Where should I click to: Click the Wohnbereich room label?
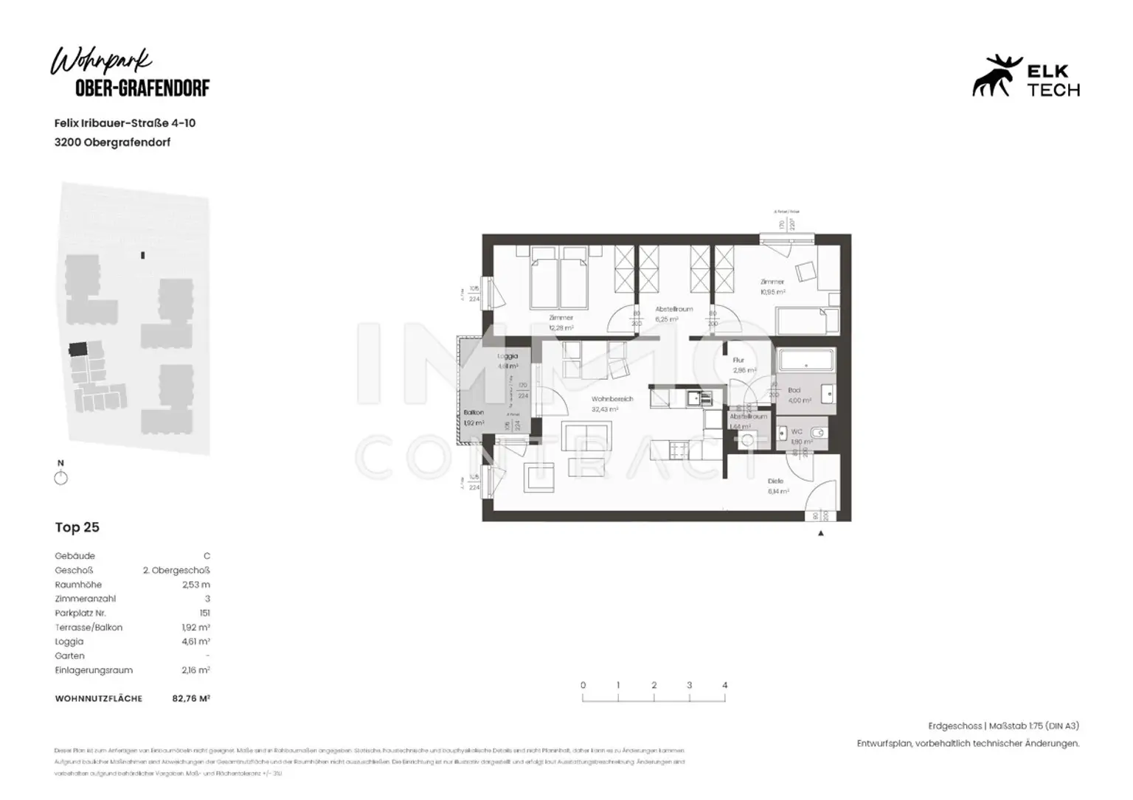tap(612, 399)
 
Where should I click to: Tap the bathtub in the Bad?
tap(805, 361)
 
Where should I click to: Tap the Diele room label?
tap(775, 481)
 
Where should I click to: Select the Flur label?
tap(738, 361)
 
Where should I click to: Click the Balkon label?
tap(474, 413)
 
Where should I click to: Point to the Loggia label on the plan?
tap(507, 357)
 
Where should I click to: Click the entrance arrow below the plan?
tap(821, 533)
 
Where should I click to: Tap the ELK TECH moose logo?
tap(996, 76)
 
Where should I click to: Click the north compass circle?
tap(61, 479)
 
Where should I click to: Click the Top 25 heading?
tap(77, 527)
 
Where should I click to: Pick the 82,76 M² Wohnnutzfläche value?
tap(191, 698)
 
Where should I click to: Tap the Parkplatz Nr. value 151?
tap(204, 613)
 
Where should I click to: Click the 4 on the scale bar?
tap(725, 685)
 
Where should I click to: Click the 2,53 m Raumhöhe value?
tap(195, 585)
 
